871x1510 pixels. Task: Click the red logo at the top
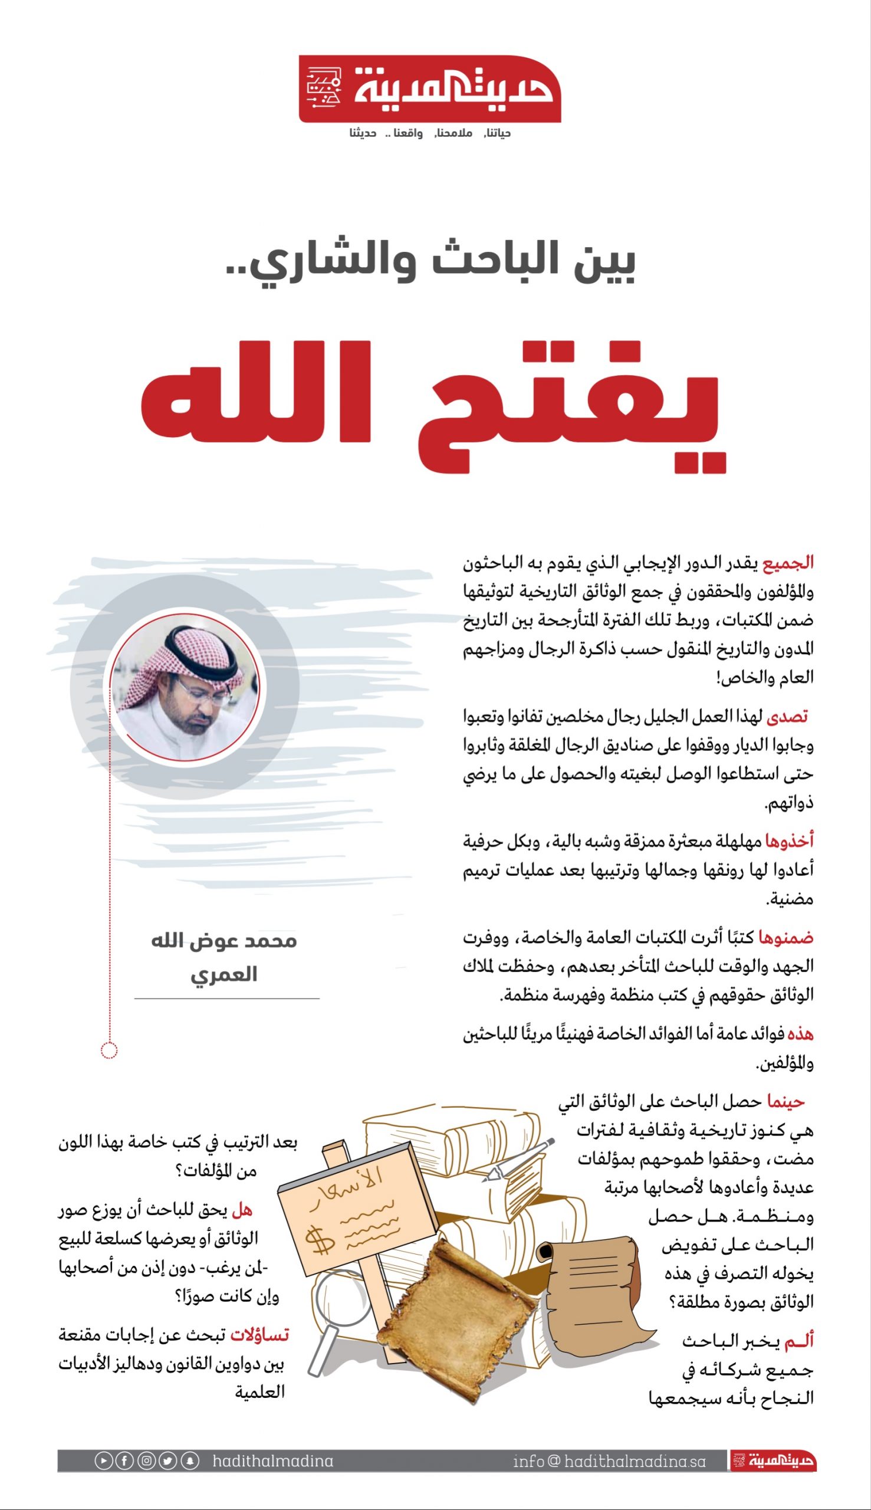coord(429,89)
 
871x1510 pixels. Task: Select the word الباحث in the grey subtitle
coord(497,261)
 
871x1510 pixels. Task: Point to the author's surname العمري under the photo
coord(223,975)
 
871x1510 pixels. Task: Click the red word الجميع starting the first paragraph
coord(788,563)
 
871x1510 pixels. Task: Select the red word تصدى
coord(787,716)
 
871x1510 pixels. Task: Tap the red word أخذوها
coord(789,841)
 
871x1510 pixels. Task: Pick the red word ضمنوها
coord(786,937)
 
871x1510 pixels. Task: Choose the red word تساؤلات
coord(259,1335)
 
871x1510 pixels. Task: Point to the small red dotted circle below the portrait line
coord(110,1050)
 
